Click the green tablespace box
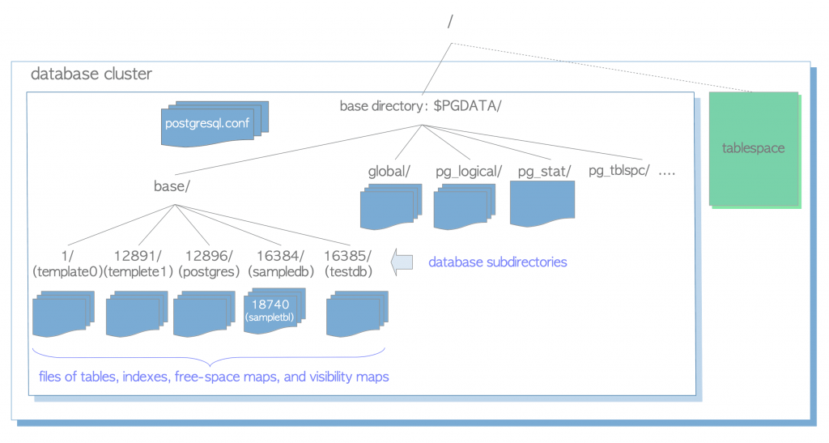tap(754, 148)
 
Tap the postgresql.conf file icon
tap(214, 124)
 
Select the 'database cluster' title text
tap(91, 75)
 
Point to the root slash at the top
tap(450, 23)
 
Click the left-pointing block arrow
tap(402, 262)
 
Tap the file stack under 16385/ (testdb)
tap(356, 313)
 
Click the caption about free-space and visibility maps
tap(214, 377)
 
